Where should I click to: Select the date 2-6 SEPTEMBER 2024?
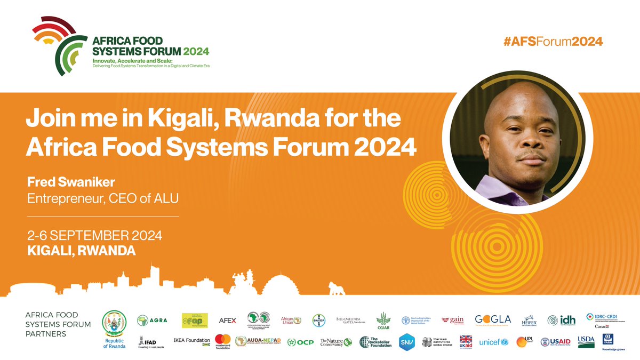94,235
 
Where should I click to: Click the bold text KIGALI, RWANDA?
81,251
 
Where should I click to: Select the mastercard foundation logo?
222,342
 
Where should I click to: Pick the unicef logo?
494,342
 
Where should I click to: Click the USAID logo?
556,342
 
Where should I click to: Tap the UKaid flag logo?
466,342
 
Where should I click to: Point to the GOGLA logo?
493,320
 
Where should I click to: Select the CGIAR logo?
383,321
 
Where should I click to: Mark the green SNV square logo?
407,342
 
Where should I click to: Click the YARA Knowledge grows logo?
607,341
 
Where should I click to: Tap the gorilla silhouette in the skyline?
335,288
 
